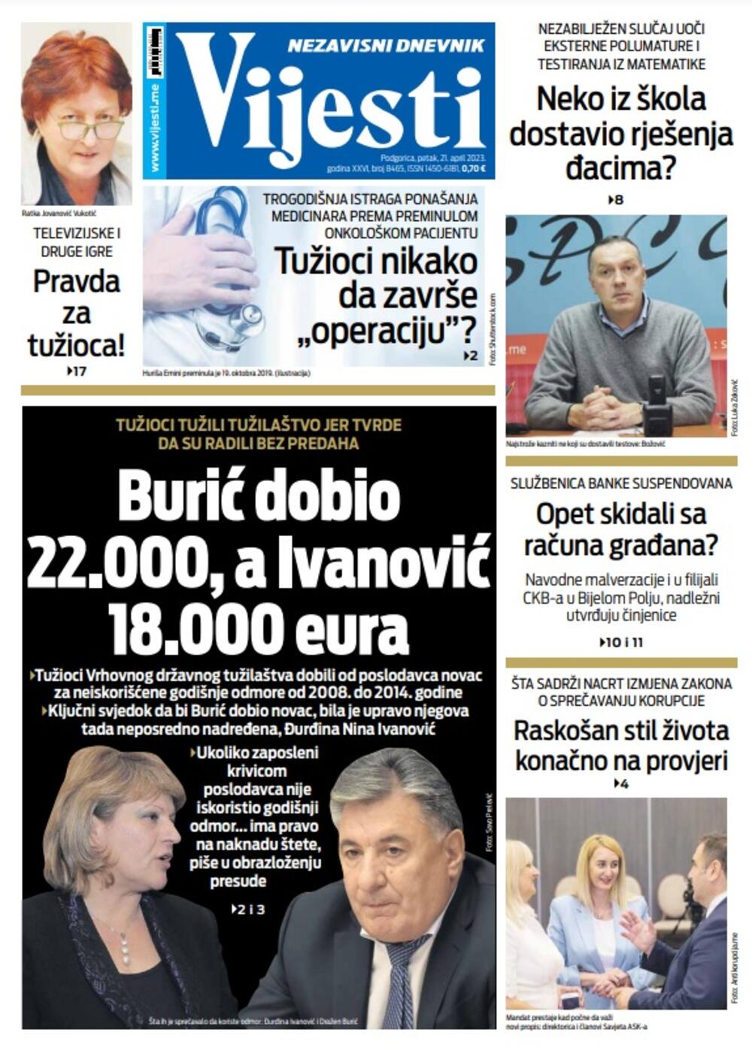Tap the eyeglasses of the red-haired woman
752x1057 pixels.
[x=78, y=130]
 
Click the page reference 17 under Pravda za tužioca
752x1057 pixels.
[x=77, y=371]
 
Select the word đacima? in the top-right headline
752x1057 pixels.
[x=621, y=169]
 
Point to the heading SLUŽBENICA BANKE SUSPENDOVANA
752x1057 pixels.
[x=621, y=483]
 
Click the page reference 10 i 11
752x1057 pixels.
[x=621, y=643]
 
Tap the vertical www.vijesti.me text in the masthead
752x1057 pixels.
[x=155, y=128]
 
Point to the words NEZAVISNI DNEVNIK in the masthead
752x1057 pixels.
[x=386, y=47]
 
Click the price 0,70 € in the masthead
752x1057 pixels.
[x=473, y=170]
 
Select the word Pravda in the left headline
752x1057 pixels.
[x=77, y=282]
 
